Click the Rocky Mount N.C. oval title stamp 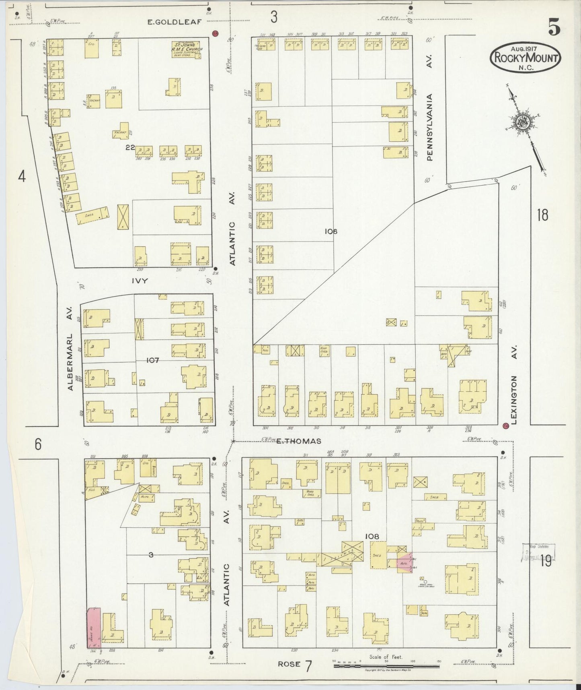pos(525,58)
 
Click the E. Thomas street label pos(299,441)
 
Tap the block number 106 pos(332,231)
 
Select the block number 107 pos(152,360)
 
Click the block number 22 pos(129,148)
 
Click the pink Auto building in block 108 pos(404,563)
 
